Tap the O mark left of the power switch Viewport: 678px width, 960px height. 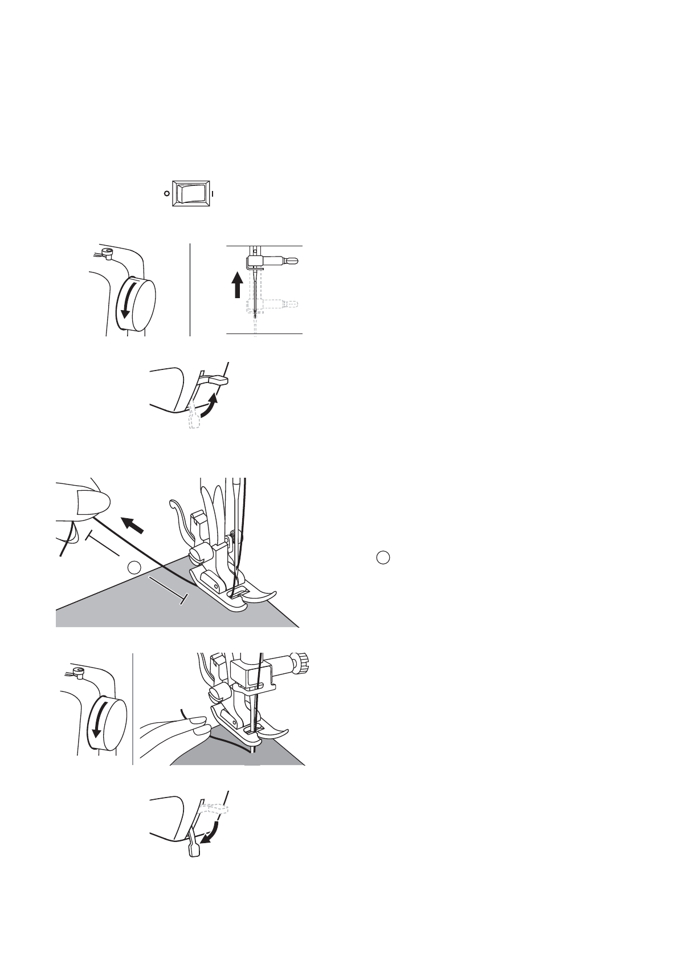(x=166, y=193)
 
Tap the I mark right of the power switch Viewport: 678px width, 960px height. (x=213, y=193)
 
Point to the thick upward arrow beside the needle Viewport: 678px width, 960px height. (x=238, y=284)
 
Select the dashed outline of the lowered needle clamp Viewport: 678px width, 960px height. (x=273, y=304)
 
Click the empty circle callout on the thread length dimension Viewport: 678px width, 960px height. (x=133, y=567)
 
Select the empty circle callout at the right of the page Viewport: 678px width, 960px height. (x=383, y=558)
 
